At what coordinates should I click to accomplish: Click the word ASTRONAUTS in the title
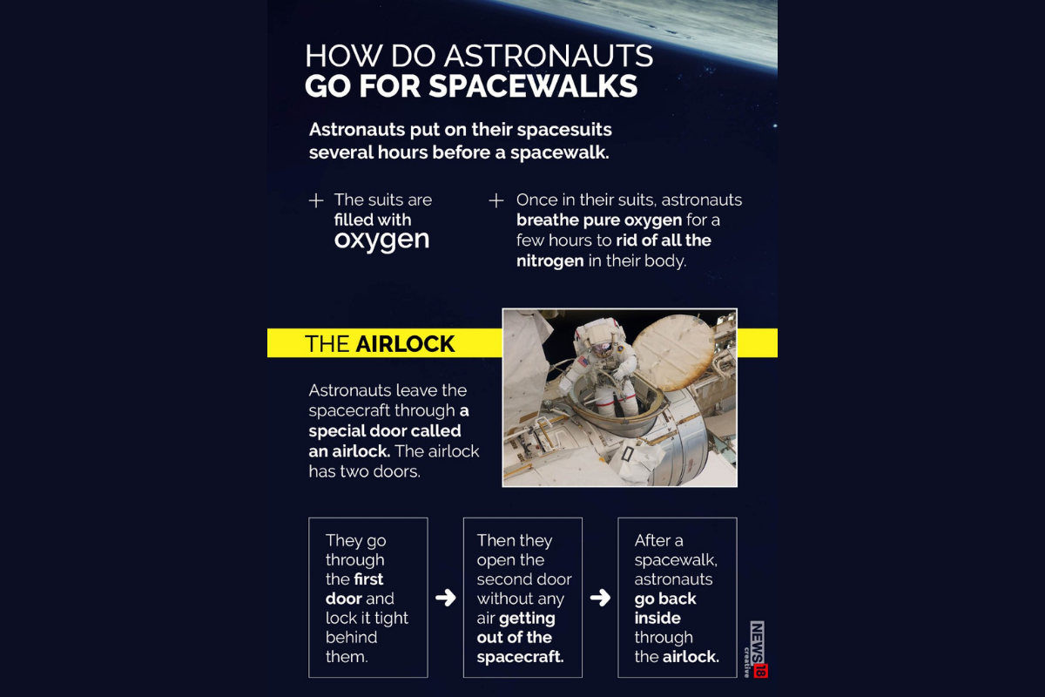point(548,57)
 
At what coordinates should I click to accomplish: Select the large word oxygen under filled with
point(381,240)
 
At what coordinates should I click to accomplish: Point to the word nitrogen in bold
point(549,261)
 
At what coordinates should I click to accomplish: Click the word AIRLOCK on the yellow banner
point(405,344)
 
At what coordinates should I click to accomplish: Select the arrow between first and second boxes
point(445,598)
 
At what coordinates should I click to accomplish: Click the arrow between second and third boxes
point(600,598)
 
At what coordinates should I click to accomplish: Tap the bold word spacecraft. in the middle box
point(520,657)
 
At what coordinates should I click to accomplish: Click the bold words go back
point(665,599)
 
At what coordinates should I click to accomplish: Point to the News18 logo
point(758,649)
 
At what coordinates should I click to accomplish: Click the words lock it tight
point(367,618)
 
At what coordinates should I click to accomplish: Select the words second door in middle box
point(523,579)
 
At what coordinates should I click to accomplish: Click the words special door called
point(385,430)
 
